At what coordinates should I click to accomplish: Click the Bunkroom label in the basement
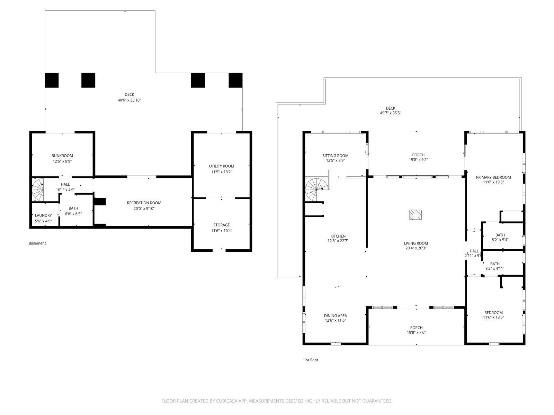pos(62,156)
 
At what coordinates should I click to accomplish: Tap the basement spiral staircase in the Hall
pos(38,190)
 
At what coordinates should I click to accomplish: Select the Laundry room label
pos(43,215)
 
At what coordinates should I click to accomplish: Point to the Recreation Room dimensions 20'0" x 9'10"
pos(144,209)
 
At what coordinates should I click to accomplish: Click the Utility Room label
pos(222,166)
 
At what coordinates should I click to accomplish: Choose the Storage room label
pos(222,225)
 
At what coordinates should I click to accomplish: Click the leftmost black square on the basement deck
pos(52,80)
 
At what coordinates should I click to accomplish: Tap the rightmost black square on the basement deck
pos(235,80)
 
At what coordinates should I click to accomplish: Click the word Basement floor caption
pos(37,243)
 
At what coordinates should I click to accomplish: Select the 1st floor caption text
pos(311,360)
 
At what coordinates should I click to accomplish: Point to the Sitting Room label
pos(335,156)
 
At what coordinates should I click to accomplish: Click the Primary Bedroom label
pos(493,177)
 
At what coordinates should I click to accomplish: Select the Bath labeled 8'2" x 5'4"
pos(500,237)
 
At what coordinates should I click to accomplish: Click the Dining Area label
pos(335,315)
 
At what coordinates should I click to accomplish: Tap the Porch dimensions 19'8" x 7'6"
pos(416,333)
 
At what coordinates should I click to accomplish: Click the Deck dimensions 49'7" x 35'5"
pos(391,113)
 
